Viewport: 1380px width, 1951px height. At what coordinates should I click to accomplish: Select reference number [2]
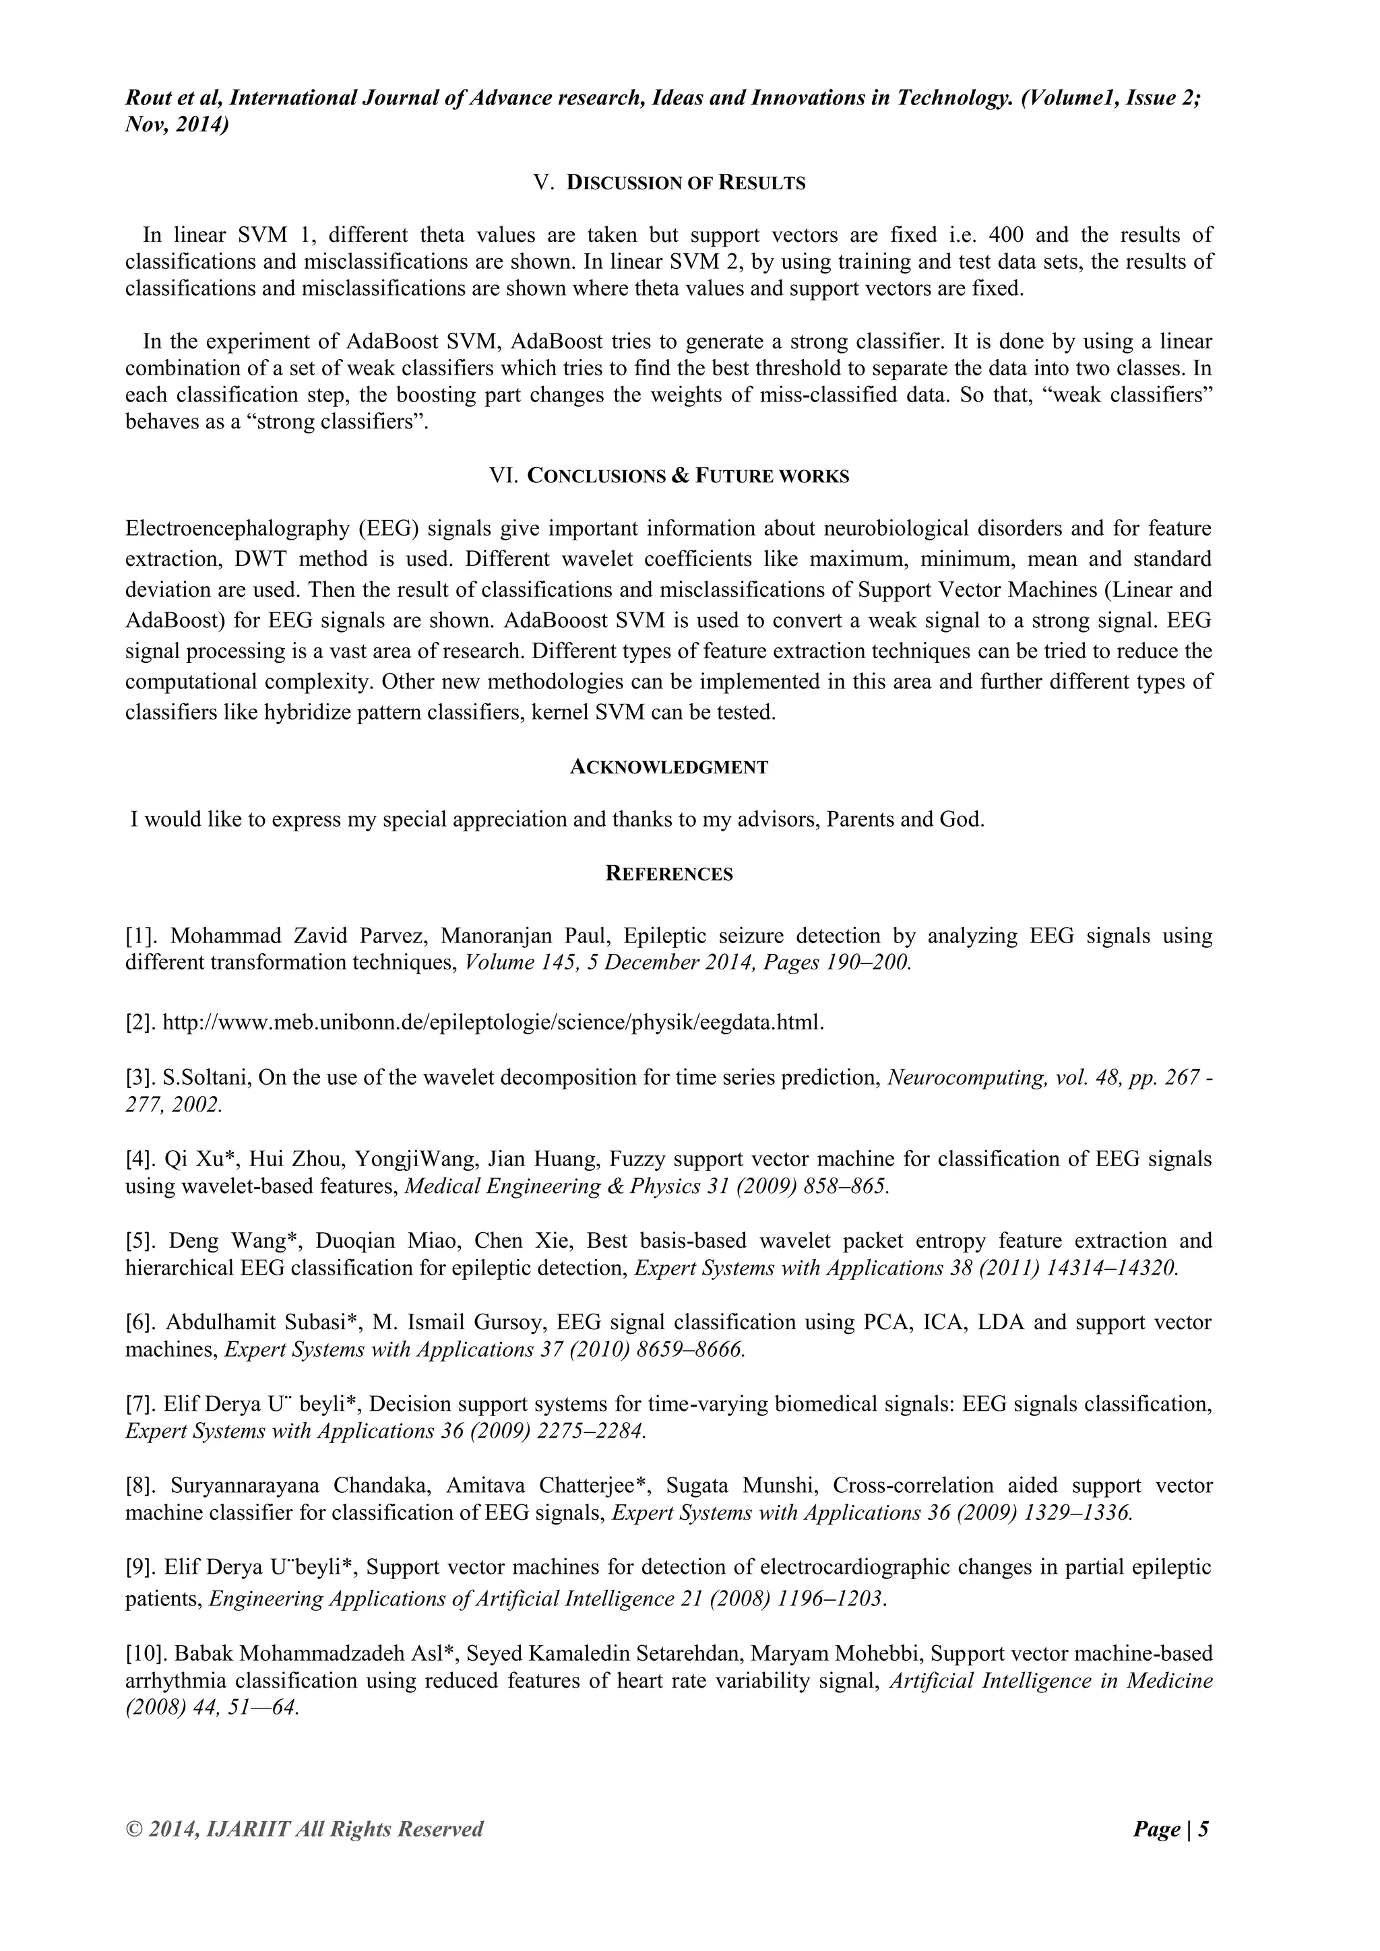coord(140,1022)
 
